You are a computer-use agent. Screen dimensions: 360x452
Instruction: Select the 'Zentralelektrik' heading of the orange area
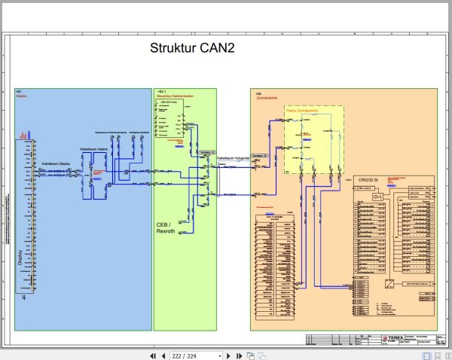(267, 97)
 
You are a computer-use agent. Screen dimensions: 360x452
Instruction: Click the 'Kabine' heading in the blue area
(21, 97)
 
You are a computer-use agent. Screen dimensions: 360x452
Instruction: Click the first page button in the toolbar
(153, 355)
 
